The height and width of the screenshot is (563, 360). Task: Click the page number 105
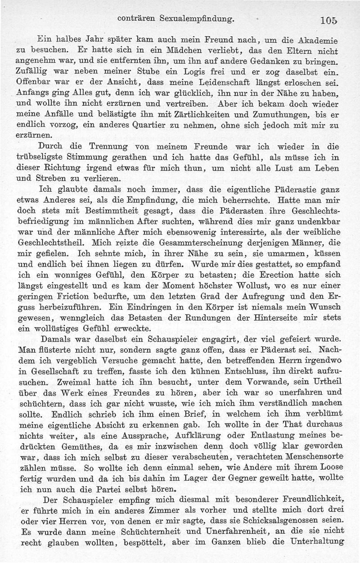(x=329, y=20)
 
